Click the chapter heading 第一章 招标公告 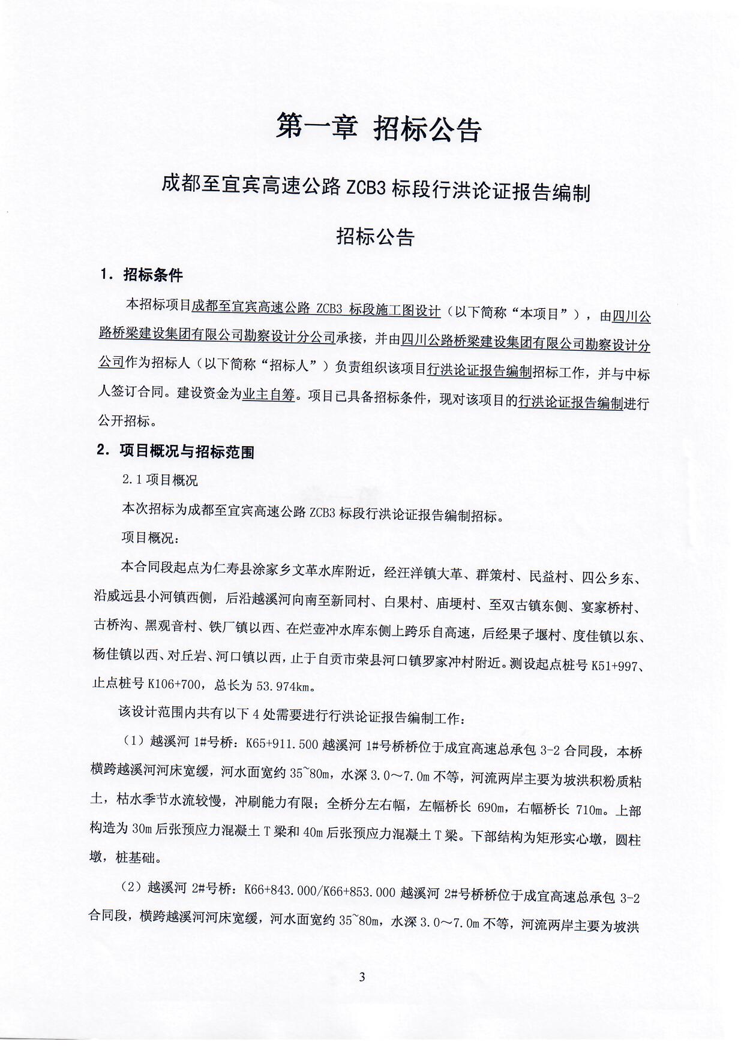click(379, 128)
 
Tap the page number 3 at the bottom click(362, 977)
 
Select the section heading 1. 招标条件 click(142, 275)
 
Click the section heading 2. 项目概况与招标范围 click(175, 451)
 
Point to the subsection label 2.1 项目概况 click(159, 480)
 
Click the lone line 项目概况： click(150, 537)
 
